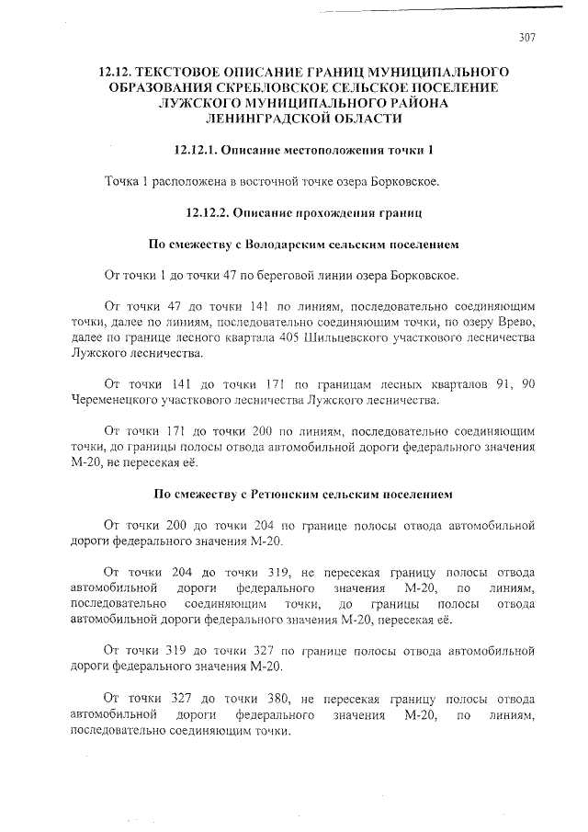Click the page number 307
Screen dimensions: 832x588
527,38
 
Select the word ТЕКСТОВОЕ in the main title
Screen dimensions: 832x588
196,71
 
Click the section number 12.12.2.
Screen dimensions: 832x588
207,212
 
